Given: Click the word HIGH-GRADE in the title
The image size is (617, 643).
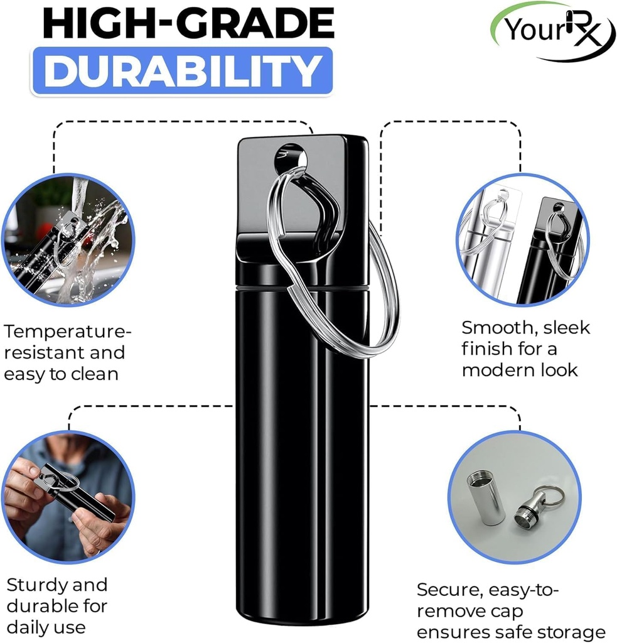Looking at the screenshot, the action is (x=188, y=24).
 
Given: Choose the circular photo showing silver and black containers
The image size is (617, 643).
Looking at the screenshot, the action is (x=522, y=240).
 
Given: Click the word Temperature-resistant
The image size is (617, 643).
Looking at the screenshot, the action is (x=66, y=342).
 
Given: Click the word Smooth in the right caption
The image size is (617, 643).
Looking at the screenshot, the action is (x=491, y=328).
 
